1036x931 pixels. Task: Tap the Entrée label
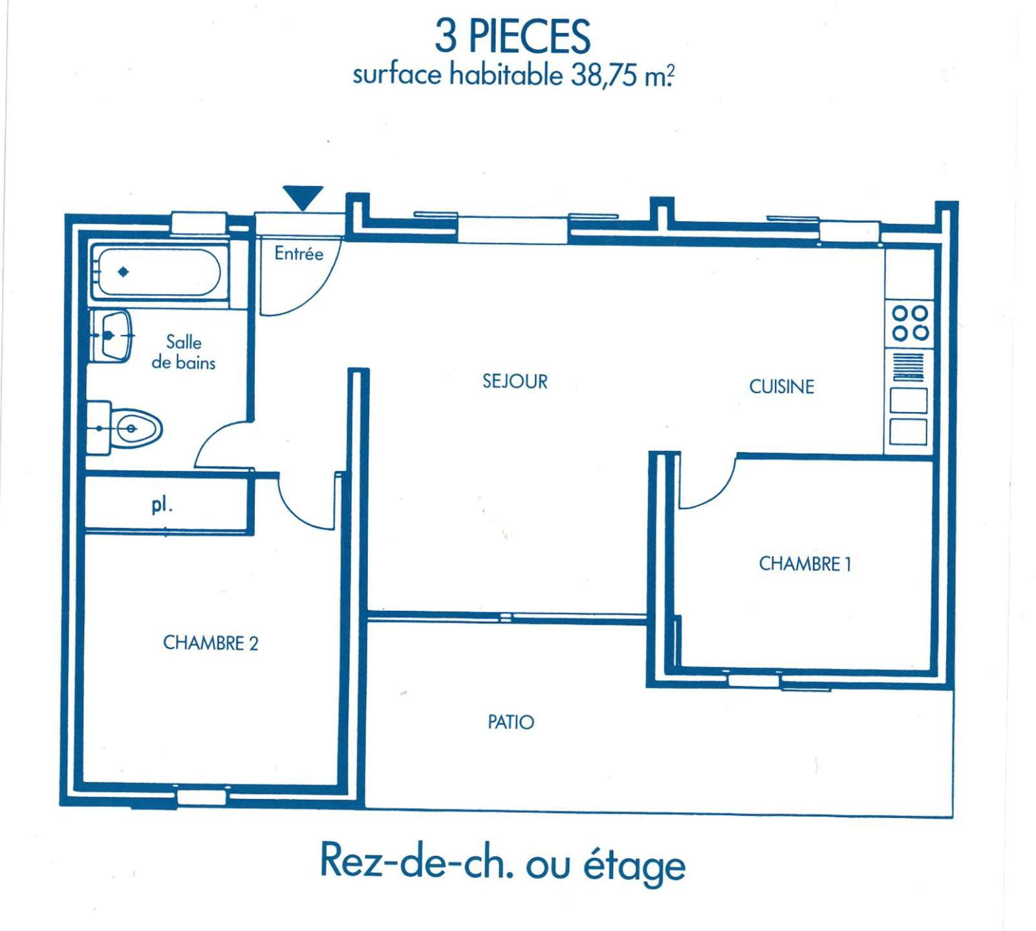[299, 253]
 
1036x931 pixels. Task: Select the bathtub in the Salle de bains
[158, 272]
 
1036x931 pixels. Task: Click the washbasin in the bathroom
[112, 336]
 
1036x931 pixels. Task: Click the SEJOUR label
[515, 381]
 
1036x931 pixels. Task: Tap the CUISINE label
[781, 387]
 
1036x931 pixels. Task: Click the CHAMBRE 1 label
[804, 564]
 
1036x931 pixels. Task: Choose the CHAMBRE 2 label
[210, 643]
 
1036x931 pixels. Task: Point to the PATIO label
[511, 722]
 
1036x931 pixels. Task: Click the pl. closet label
[162, 505]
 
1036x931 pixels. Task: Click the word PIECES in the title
[529, 36]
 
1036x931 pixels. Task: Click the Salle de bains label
[183, 352]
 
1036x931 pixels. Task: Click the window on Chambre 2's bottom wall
[202, 797]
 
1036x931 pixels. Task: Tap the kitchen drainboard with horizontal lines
[909, 367]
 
